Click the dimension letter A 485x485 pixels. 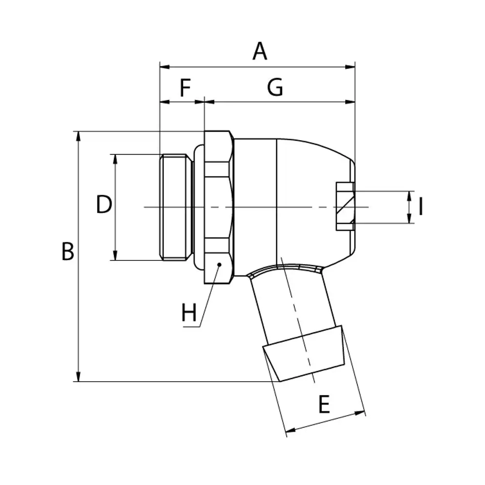point(259,51)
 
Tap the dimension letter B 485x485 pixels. point(68,251)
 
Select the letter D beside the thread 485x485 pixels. point(104,204)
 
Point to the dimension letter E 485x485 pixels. point(324,404)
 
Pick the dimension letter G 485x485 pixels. point(275,87)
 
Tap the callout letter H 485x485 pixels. point(189,312)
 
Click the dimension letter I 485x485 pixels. point(420,207)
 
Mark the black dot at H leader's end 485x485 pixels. point(219,264)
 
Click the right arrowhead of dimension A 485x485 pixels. point(350,67)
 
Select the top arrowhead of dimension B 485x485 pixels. point(78,136)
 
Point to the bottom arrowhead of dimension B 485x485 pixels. point(78,376)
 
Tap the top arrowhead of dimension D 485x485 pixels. point(115,159)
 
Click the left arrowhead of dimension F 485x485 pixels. point(164,102)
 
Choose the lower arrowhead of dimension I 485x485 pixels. point(409,218)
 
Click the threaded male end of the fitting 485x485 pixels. point(176,207)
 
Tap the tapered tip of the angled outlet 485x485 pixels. point(304,353)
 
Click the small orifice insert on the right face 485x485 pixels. point(345,206)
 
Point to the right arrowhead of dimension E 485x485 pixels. point(360,413)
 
